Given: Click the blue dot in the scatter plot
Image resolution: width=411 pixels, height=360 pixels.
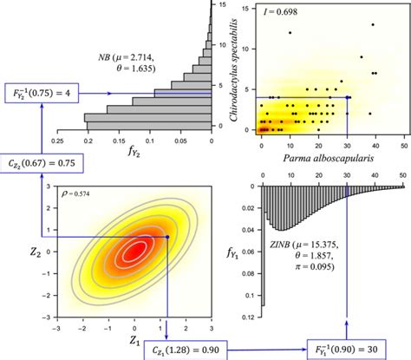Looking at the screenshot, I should (x=348, y=98).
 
